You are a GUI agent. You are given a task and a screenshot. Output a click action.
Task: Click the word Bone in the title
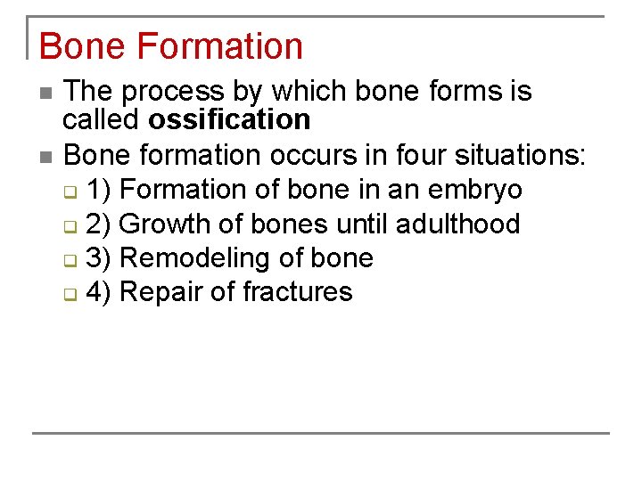click(x=78, y=46)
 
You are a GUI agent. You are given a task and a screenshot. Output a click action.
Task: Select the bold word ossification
click(x=229, y=119)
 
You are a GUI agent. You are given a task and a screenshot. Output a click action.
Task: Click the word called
click(x=101, y=119)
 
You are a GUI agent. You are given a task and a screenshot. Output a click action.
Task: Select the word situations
click(x=520, y=155)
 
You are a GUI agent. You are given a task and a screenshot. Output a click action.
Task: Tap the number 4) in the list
click(x=99, y=291)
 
